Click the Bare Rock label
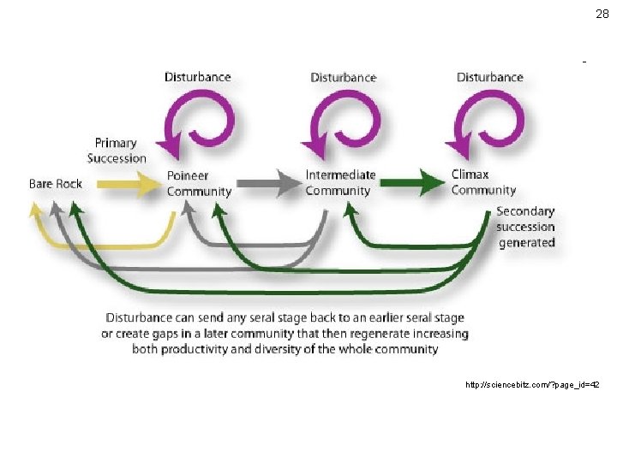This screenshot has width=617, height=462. pos(56,184)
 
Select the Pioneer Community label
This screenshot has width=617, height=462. pos(199,184)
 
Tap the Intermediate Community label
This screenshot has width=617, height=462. pos(340,183)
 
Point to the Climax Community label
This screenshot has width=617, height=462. pos(483,182)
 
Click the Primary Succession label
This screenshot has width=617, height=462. pos(117,151)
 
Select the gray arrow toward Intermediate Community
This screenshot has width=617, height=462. pos(266,182)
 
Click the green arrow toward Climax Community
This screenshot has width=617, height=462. pos(410,182)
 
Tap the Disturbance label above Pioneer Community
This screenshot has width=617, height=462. pos(198,77)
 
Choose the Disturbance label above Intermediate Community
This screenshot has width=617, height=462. pos(344,77)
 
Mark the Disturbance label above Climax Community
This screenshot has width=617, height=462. pos(489,77)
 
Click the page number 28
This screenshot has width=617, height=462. pos(602,14)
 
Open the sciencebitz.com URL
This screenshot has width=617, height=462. pos(532,385)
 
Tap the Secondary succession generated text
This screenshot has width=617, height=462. pos(525,227)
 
